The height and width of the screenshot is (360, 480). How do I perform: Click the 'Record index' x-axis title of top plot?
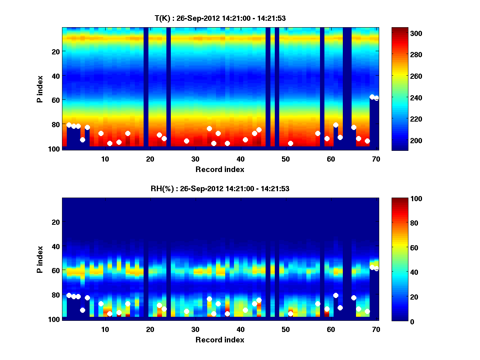(220, 169)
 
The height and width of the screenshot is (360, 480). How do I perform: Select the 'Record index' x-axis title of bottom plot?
(220, 340)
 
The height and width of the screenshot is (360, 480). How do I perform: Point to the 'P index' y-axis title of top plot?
(40, 89)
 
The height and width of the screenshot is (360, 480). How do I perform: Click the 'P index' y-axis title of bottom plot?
(40, 259)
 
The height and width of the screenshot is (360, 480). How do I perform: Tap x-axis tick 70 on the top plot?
(376, 158)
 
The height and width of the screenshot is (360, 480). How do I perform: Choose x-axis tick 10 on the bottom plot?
(105, 329)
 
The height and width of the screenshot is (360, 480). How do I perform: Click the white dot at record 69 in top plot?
(372, 97)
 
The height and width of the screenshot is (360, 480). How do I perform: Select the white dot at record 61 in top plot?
(336, 125)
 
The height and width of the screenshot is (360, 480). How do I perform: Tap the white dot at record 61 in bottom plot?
(336, 295)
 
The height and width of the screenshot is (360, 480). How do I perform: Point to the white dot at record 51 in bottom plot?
(290, 314)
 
